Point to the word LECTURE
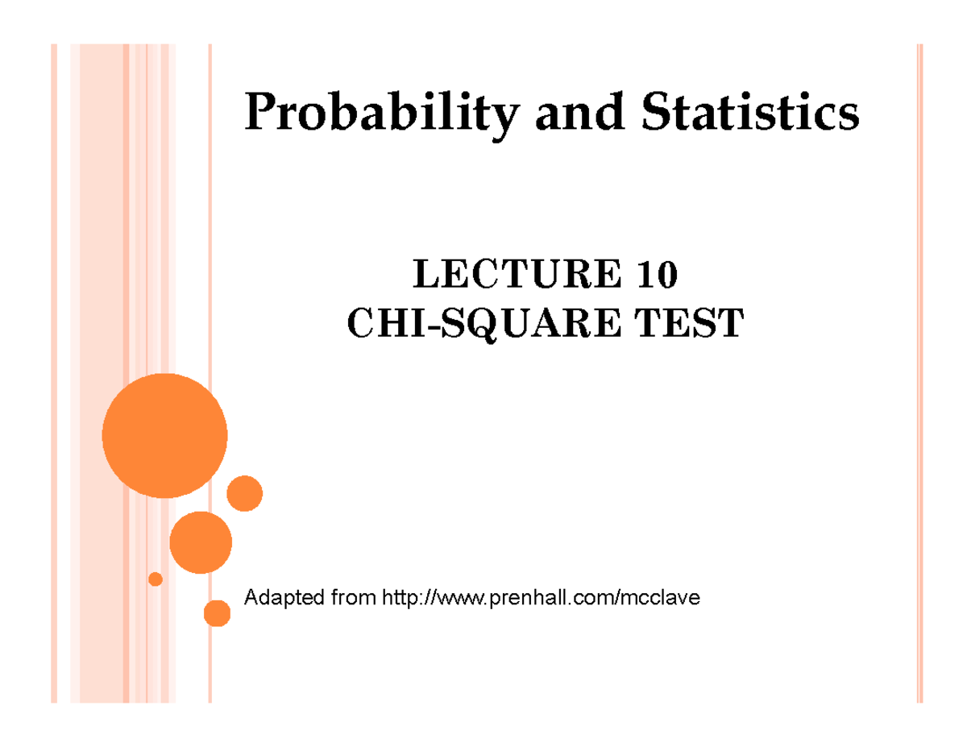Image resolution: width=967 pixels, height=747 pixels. point(517,274)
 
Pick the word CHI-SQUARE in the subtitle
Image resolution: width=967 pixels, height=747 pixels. point(483,324)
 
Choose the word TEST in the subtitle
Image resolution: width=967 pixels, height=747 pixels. point(689,323)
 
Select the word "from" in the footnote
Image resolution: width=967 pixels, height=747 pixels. point(353,597)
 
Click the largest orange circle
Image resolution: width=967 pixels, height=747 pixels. point(164,436)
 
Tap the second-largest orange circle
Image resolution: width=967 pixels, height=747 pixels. point(201,542)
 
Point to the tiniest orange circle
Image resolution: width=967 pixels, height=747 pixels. point(156,579)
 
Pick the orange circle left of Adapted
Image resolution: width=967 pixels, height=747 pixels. point(217,613)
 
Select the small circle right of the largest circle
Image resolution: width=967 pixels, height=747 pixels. point(245,493)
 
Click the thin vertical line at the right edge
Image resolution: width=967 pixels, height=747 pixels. point(919,374)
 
